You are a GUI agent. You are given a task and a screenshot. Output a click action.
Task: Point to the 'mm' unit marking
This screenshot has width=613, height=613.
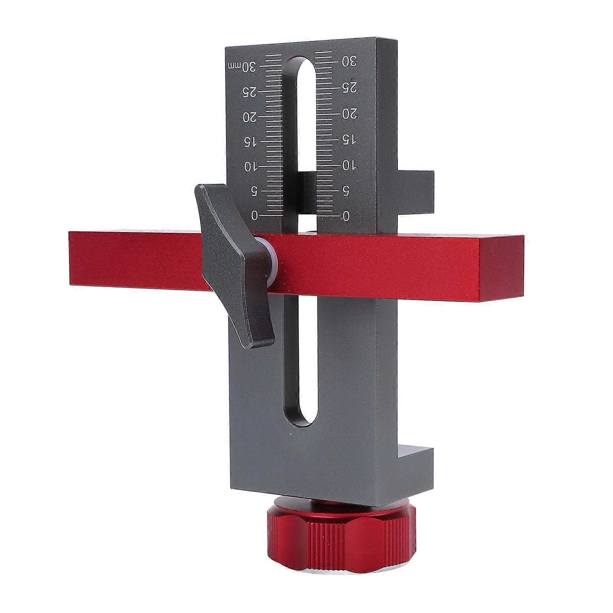click(233, 66)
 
